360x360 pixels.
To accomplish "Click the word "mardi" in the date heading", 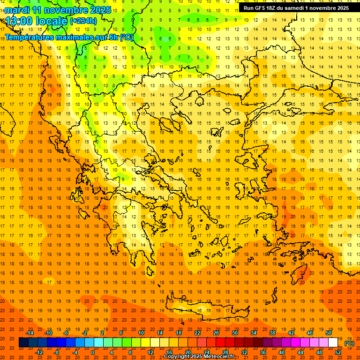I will point(17,10).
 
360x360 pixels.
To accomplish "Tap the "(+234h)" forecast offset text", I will point(83,21).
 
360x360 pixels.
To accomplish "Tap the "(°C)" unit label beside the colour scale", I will point(349,343).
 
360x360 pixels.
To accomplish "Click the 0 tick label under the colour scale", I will point(92,352).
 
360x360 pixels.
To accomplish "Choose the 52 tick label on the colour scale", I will point(338,352).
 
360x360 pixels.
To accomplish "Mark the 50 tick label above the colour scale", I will point(328,333).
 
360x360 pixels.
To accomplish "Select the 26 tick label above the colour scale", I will point(216,333).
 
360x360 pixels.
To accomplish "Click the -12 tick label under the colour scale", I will point(39,352).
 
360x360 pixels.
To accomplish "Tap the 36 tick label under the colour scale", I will point(263,352).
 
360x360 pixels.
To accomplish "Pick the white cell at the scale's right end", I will point(333,343).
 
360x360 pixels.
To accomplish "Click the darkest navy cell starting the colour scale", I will point(23,343).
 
